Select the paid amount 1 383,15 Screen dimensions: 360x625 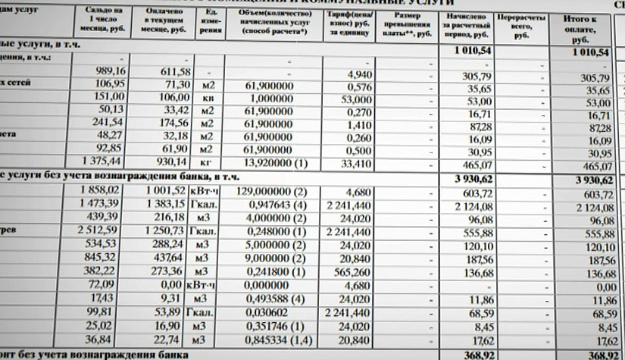[x=165, y=205]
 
